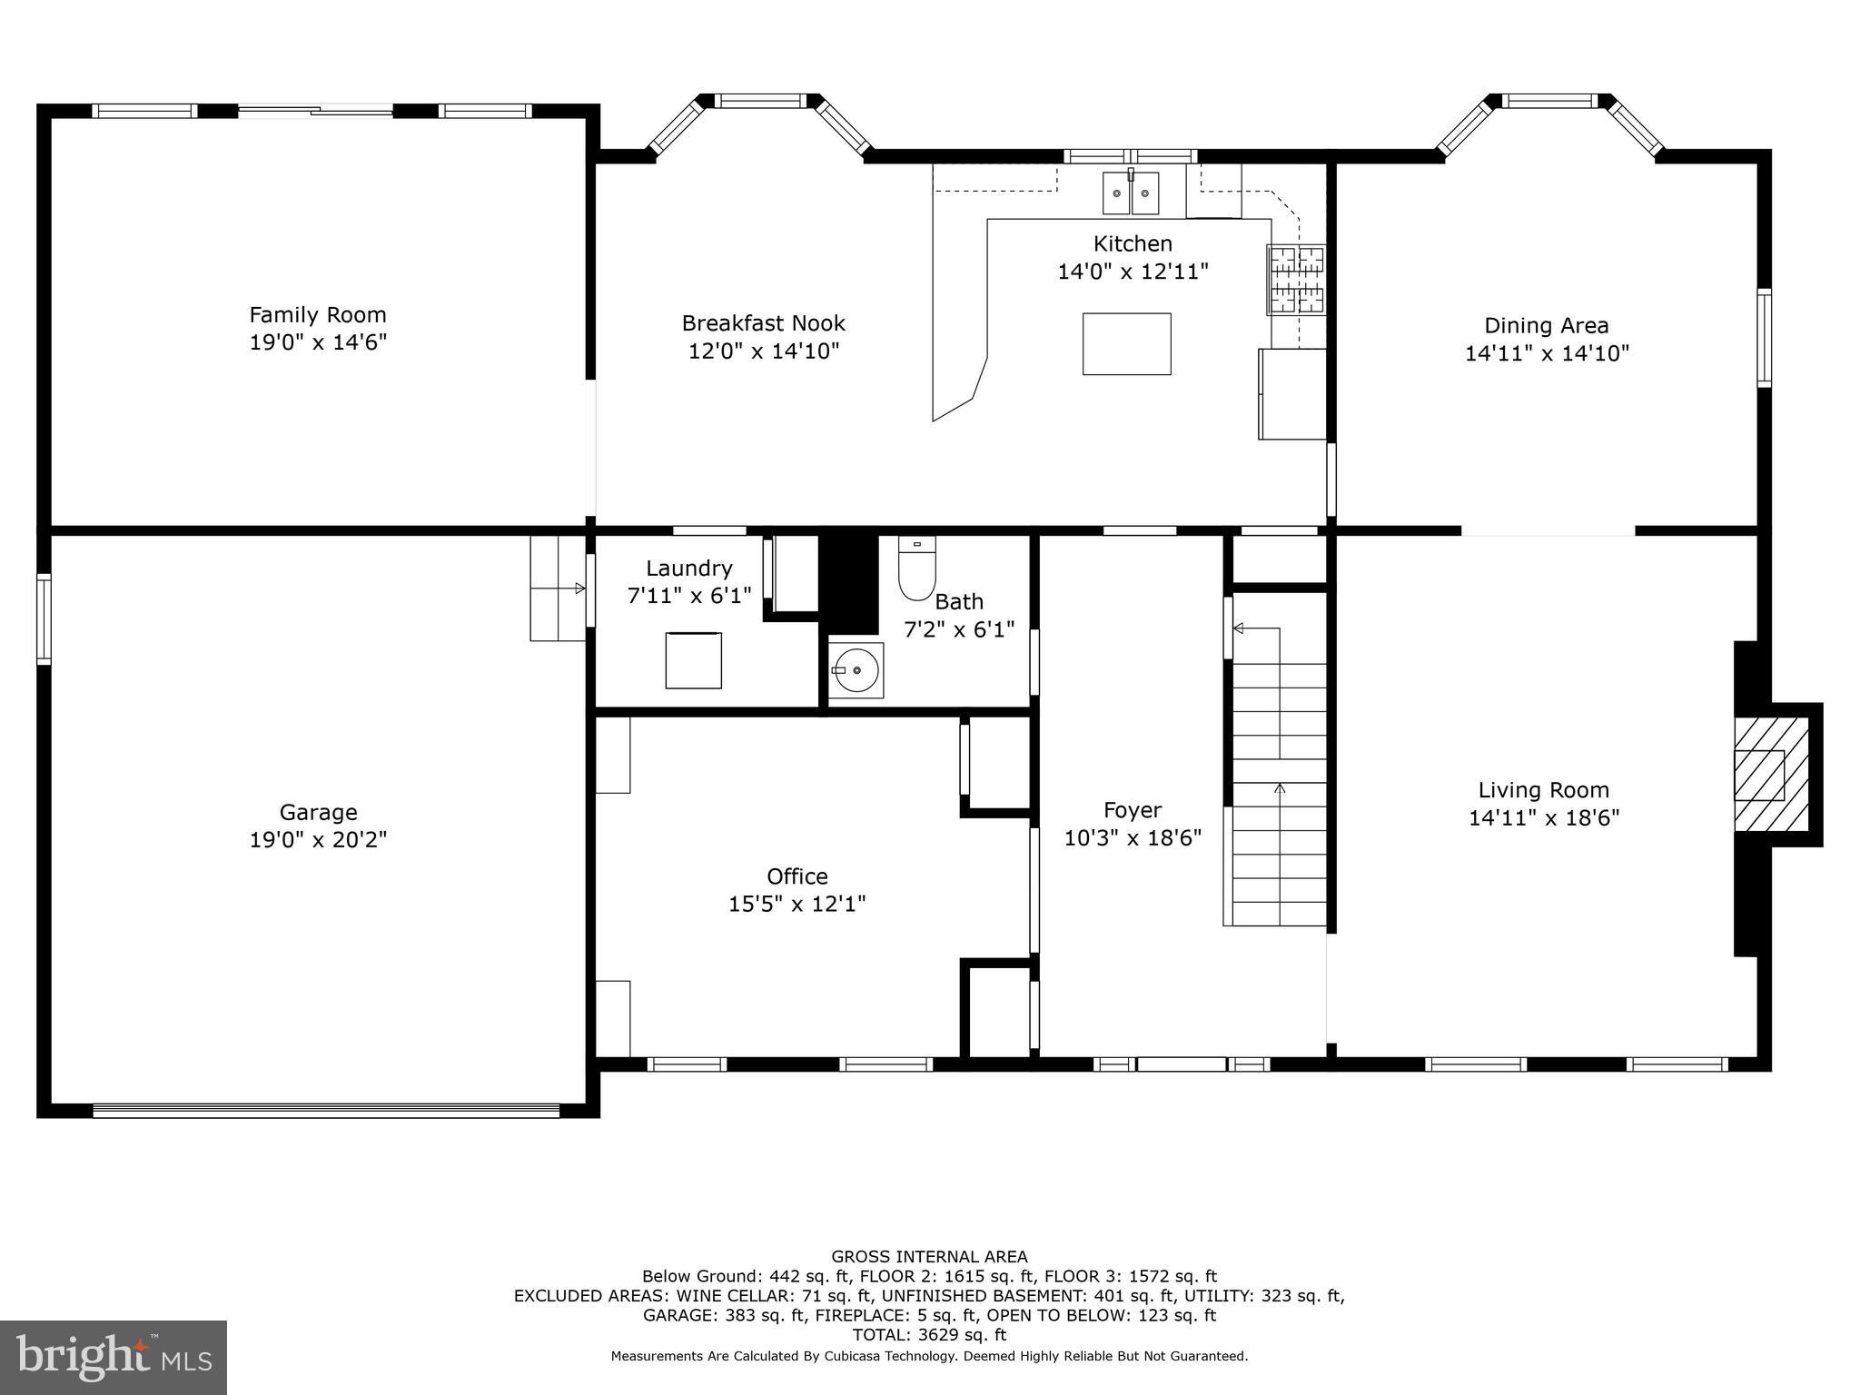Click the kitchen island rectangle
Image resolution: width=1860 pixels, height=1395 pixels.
pos(1126,344)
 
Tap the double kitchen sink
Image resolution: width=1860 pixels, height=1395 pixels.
pos(1131,193)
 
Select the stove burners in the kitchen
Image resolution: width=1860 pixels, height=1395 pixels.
pos(1297,280)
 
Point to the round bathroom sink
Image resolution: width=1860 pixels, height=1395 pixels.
pos(856,670)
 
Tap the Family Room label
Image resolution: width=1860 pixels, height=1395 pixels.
pos(318,315)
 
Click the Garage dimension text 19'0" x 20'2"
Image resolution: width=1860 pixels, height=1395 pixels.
pos(318,840)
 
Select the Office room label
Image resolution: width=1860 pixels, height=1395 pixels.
pos(797,876)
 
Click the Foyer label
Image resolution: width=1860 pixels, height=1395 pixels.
pos(1133,810)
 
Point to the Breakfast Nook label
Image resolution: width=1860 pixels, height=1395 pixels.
pos(763,323)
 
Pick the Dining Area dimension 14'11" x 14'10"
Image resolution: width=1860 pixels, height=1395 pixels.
pos(1547,353)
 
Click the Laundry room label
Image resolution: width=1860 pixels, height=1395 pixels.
pos(688,569)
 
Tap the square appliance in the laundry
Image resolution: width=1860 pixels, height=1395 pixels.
pos(693,660)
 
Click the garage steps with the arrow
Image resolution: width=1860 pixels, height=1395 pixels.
pos(558,589)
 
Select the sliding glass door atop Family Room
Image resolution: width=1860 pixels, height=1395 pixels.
pos(316,111)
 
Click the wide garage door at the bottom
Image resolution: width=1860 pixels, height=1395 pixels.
pos(326,1109)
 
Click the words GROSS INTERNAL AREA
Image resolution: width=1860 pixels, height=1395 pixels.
pos(929,1257)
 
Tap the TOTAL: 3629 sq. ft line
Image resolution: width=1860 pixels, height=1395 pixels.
pos(929,1335)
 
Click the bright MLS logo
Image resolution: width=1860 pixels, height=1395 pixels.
pos(113,1358)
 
